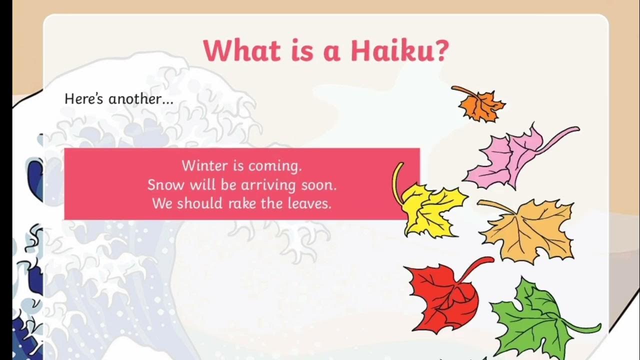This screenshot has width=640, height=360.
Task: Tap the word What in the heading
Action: coord(239,50)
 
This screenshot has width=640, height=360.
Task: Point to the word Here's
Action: coord(84,99)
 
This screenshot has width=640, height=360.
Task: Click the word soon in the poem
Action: coord(319,185)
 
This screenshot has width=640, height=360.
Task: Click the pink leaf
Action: coord(505,157)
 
